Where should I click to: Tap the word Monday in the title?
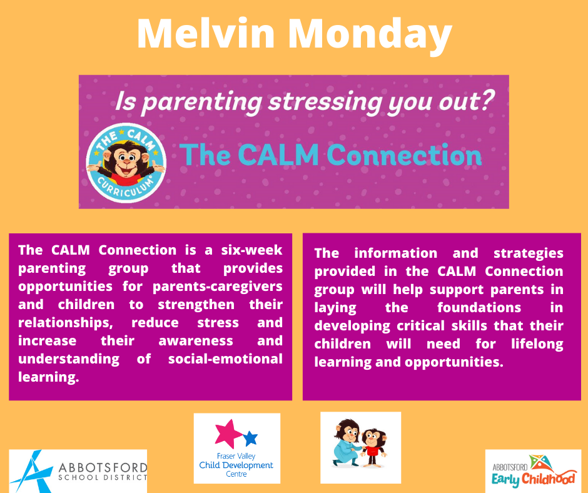point(370,36)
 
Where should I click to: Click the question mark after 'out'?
point(487,100)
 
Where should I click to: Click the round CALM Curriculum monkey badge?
point(126,163)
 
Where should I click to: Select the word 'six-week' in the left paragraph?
point(251,250)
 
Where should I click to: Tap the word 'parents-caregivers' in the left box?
point(218,287)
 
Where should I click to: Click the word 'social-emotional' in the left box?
point(225,358)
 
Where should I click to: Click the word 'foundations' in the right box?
point(479,308)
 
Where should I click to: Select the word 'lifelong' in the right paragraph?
point(537,344)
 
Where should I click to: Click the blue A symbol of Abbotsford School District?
point(31,472)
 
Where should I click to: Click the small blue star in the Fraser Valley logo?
point(250,438)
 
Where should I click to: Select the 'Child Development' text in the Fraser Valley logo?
point(236,465)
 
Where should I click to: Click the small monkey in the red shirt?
point(373,447)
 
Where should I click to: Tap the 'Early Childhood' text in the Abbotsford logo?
point(534,479)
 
